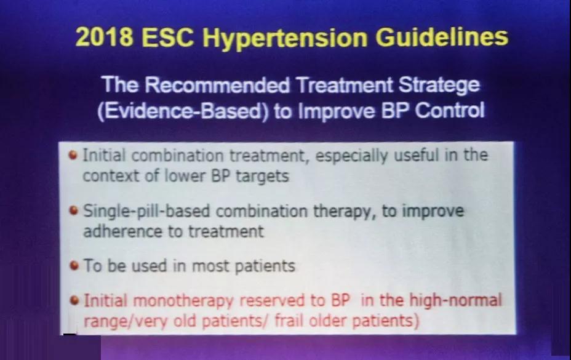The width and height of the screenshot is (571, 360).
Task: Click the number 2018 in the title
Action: point(104,37)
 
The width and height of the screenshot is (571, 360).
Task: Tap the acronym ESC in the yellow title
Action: point(168,37)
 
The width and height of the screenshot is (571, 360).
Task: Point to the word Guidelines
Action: point(442,37)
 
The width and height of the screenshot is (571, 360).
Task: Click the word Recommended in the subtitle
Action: point(217,85)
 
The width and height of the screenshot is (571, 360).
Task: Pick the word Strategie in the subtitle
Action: point(439,86)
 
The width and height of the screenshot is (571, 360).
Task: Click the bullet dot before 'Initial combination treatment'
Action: point(73,155)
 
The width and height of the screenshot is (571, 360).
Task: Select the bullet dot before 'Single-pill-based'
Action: point(74,210)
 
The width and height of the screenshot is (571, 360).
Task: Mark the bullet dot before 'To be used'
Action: point(74,266)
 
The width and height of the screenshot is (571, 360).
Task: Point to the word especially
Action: point(351,156)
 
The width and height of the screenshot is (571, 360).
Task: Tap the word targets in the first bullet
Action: point(262,177)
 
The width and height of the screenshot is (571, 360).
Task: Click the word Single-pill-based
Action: point(146,212)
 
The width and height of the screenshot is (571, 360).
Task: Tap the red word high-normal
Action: point(455,300)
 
